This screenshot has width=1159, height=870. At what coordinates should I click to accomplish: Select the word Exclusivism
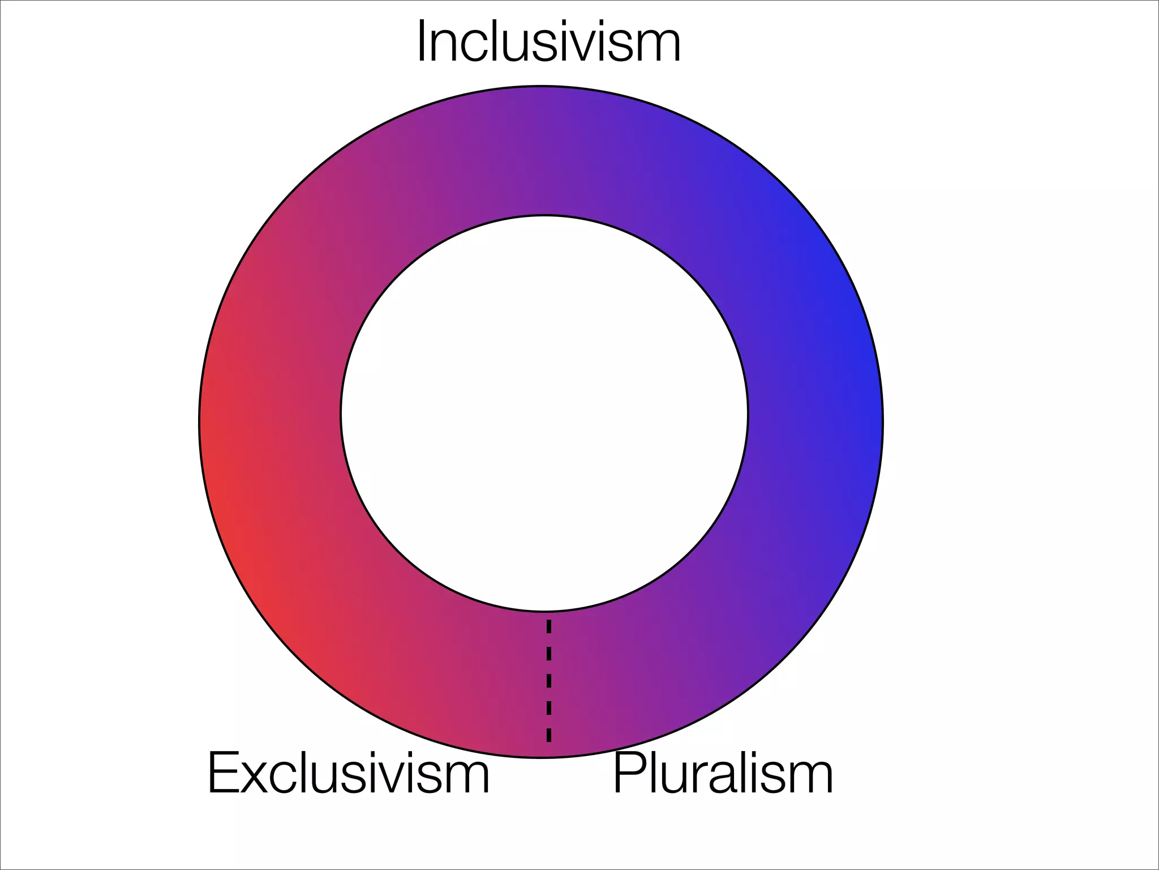pyautogui.click(x=348, y=773)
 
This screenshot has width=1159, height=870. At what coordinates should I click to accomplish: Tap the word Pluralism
pyautogui.click(x=723, y=773)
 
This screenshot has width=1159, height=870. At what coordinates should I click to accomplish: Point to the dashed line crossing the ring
pyautogui.click(x=548, y=680)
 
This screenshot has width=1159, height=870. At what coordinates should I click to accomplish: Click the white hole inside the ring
pyautogui.click(x=544, y=413)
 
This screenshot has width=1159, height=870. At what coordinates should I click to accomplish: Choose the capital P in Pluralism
pyautogui.click(x=627, y=773)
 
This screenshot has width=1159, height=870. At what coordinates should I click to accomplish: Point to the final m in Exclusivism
pyautogui.click(x=467, y=779)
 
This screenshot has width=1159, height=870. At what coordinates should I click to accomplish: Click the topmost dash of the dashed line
pyautogui.click(x=548, y=626)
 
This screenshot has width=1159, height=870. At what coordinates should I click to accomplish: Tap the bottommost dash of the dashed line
pyautogui.click(x=548, y=733)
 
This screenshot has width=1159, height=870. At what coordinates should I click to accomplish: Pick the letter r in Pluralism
pyautogui.click(x=693, y=779)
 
